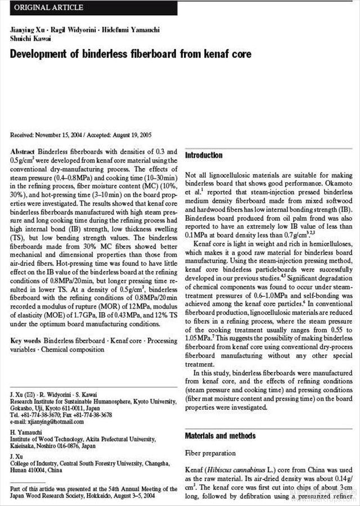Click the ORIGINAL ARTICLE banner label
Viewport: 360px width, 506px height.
[48, 8]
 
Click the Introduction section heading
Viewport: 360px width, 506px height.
[204, 155]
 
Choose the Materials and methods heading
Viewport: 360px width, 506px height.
[220, 436]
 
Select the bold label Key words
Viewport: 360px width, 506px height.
[25, 341]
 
